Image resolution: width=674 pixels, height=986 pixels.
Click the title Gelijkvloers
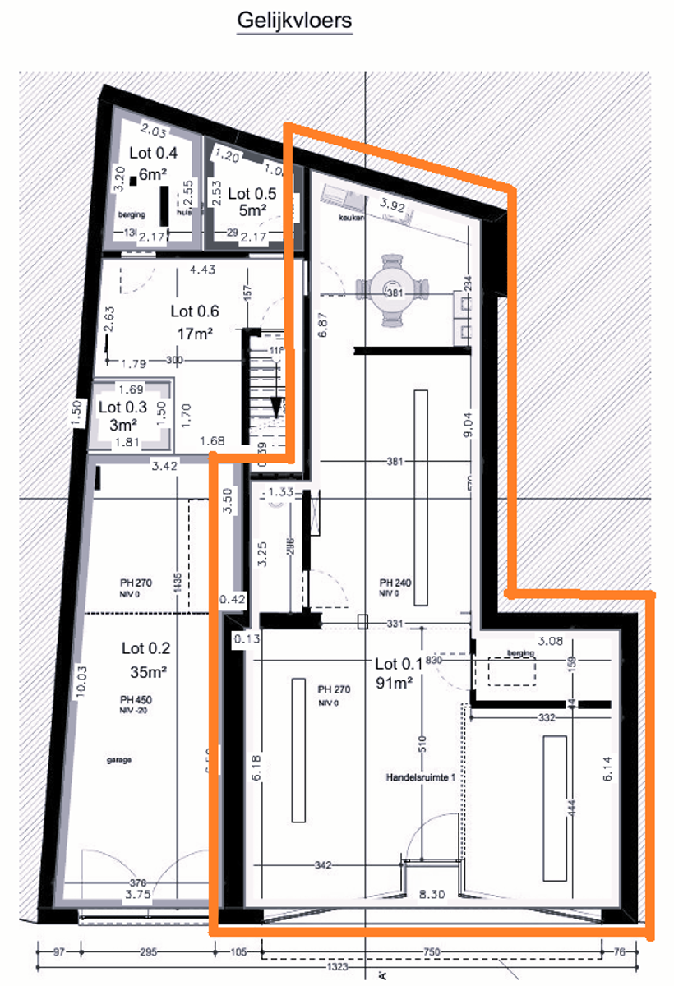[293, 20]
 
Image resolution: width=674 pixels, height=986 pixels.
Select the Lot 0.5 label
[252, 193]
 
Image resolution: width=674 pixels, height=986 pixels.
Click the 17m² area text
[195, 334]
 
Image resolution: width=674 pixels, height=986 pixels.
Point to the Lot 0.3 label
[122, 407]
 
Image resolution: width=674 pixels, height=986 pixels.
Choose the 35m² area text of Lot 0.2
[149, 671]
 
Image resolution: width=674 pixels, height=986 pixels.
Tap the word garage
[120, 760]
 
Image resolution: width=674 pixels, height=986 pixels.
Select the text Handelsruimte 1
[421, 776]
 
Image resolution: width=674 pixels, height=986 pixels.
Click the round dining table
[395, 293]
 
